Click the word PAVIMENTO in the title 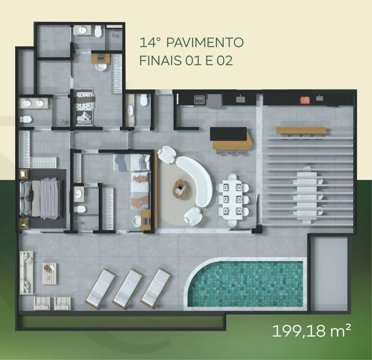[205, 43]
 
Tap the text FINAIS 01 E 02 [186, 61]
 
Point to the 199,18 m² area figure [311, 331]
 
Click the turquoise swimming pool [246, 284]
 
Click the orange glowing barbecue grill [305, 100]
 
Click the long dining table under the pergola [307, 195]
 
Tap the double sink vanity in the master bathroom [33, 103]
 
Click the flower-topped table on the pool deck [49, 273]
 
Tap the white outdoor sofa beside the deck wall [26, 273]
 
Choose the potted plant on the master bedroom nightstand [22, 223]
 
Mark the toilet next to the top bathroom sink [98, 31]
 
